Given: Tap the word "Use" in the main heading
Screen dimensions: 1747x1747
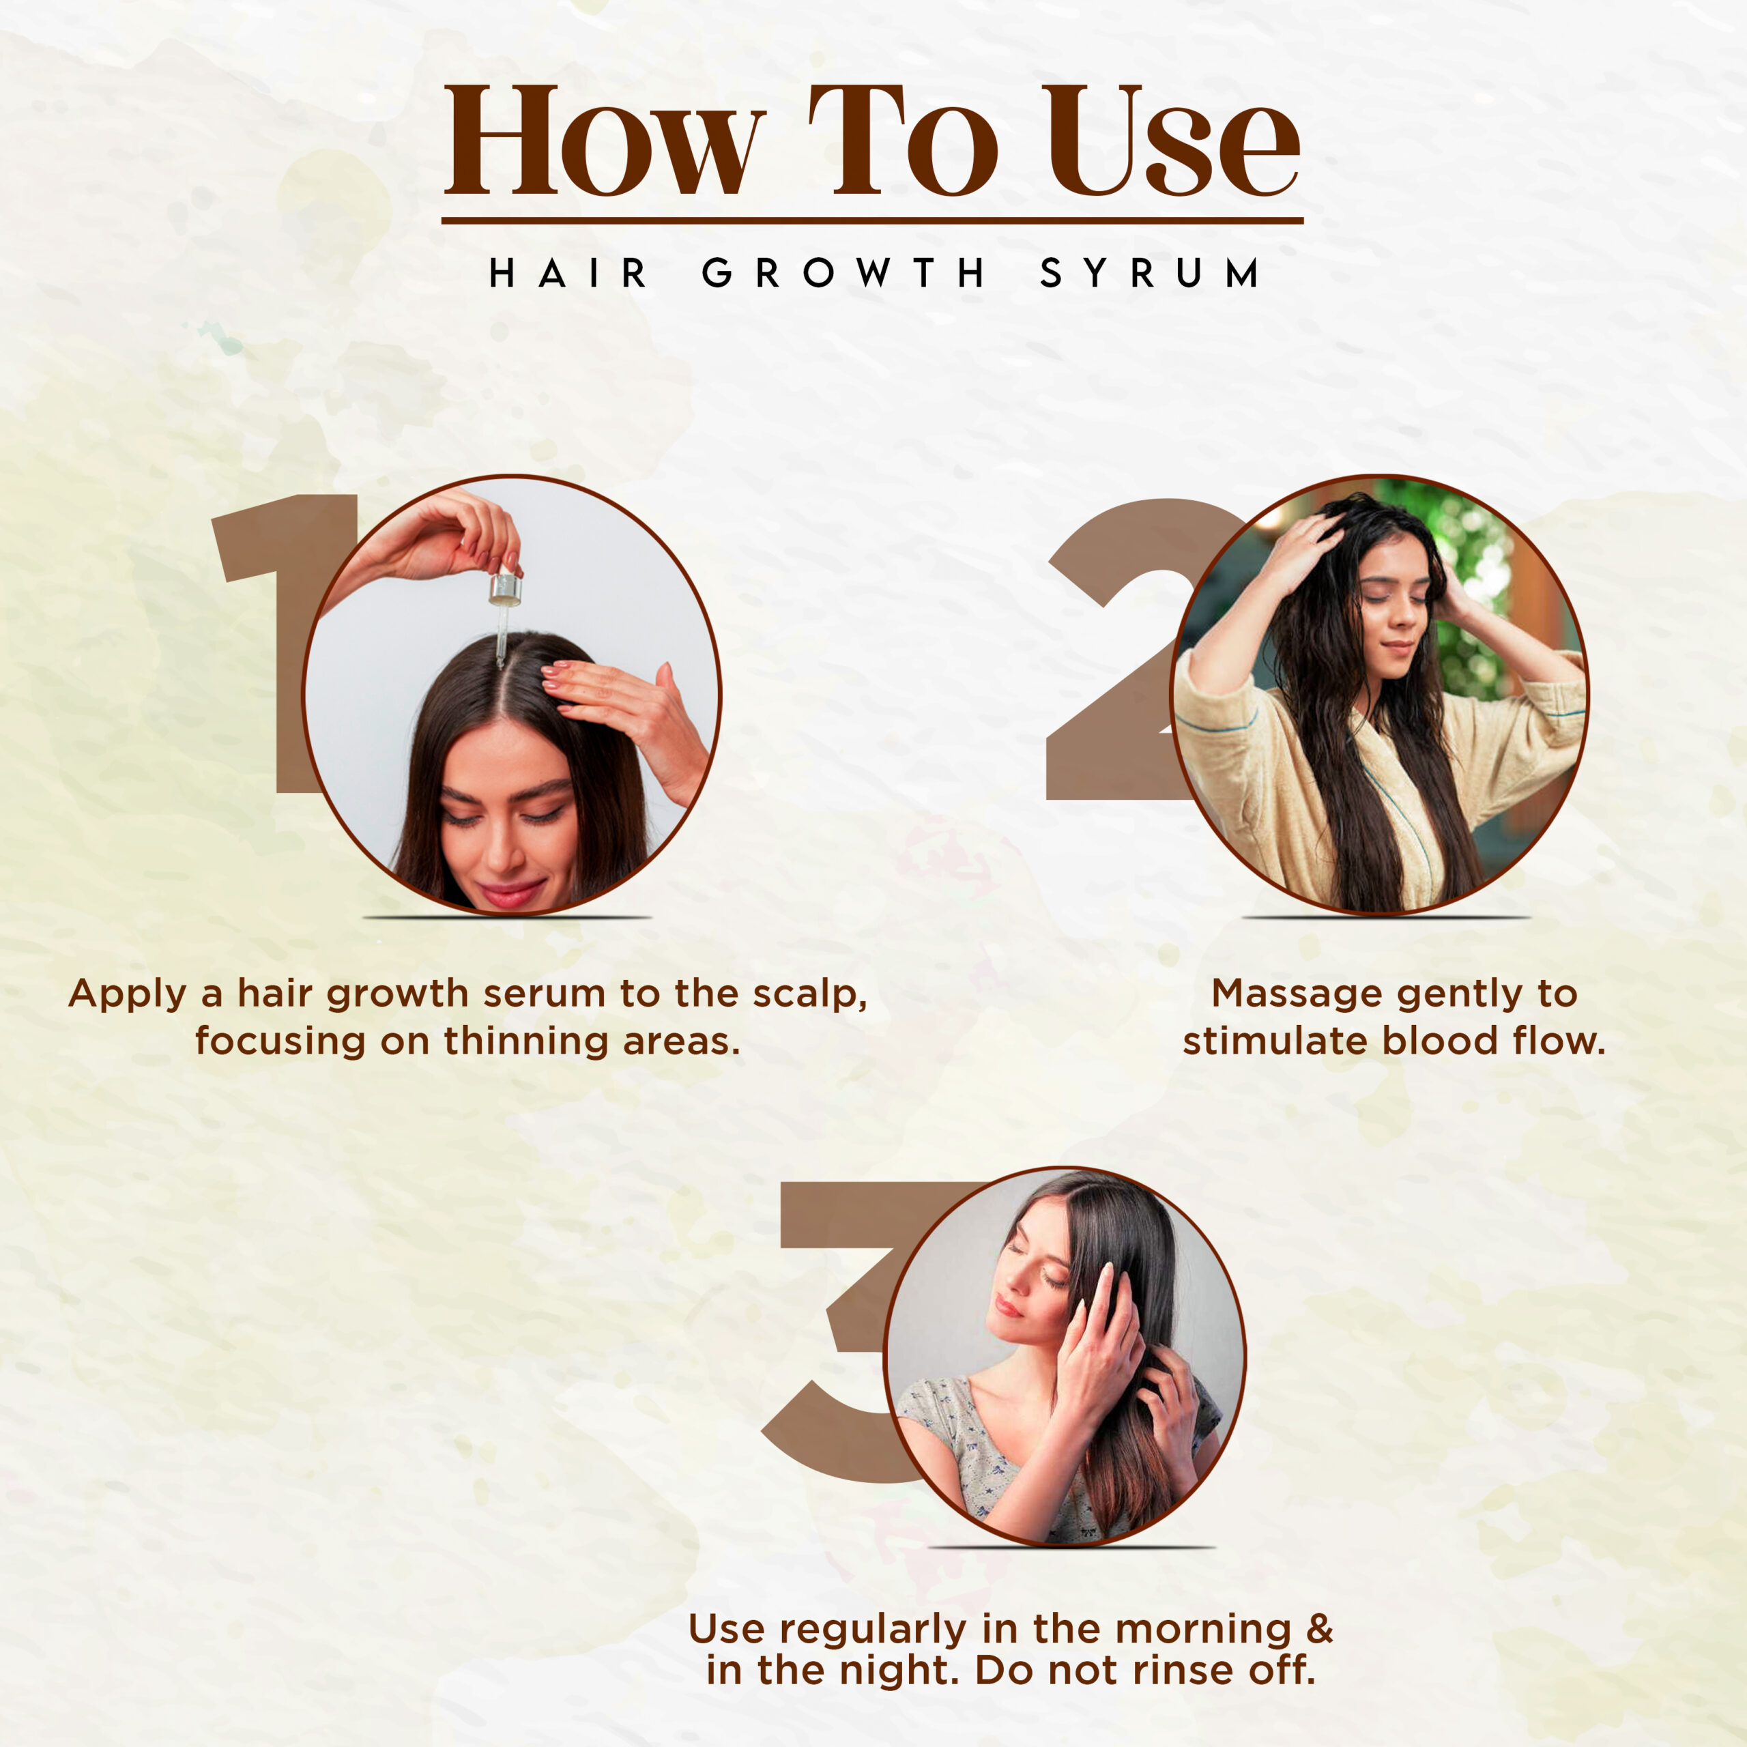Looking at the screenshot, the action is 1174,141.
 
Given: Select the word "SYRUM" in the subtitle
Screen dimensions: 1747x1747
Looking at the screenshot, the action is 1149,273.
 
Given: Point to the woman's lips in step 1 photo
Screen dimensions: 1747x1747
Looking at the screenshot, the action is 511,893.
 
